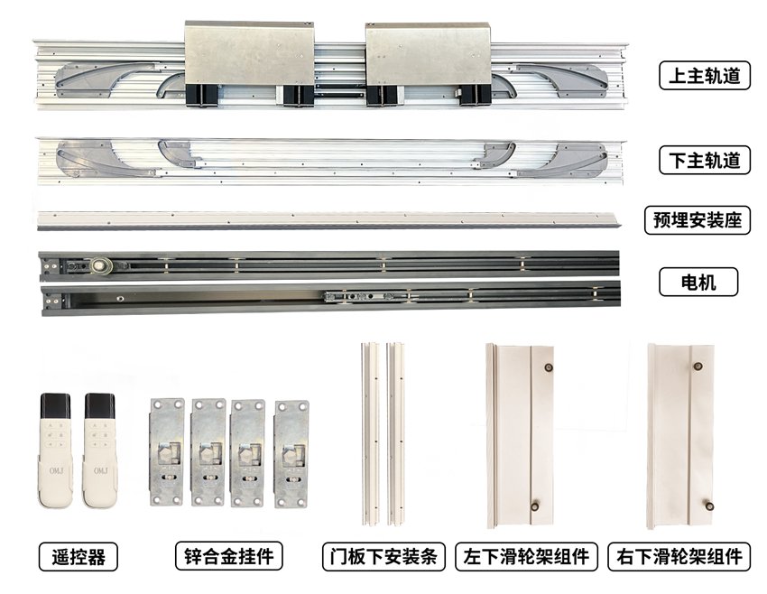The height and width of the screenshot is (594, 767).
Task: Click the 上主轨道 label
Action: click(705, 75)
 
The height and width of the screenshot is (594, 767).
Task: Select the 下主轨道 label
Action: click(705, 160)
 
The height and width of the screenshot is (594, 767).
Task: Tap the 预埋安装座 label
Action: click(698, 219)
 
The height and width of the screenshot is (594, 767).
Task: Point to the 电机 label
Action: click(698, 282)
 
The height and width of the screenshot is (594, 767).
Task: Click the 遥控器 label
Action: click(79, 556)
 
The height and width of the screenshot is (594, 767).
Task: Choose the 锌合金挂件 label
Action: click(229, 556)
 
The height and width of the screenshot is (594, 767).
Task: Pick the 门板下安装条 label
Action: click(383, 556)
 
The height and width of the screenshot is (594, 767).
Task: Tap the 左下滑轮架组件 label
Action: click(526, 556)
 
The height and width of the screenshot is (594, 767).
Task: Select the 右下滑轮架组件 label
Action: click(679, 556)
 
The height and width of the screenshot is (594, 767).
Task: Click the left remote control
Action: click(55, 450)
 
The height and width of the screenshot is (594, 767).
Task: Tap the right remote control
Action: click(100, 450)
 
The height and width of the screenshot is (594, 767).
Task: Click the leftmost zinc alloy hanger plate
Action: click(167, 452)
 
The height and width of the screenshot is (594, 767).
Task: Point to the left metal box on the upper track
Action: click(249, 62)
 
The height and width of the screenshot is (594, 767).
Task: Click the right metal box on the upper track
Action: click(428, 63)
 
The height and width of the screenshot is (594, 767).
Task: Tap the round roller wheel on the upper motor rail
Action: click(98, 265)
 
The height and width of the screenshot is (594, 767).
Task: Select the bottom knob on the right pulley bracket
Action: click(708, 506)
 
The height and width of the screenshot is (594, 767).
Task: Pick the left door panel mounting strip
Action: click(370, 434)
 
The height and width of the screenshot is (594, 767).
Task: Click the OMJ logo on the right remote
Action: click(100, 470)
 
